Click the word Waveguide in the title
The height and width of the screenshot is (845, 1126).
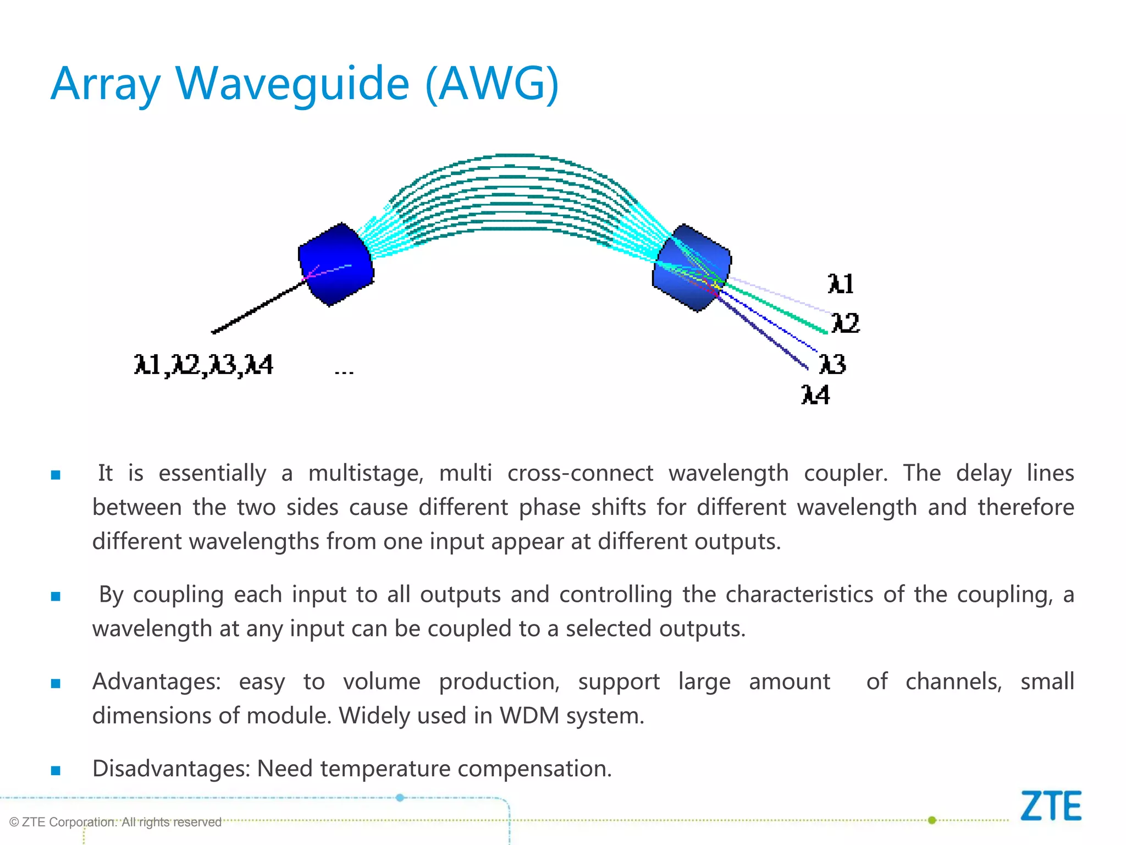coord(292,84)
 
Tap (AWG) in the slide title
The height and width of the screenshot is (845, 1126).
coord(492,84)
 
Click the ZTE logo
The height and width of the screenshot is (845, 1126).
coord(1051,806)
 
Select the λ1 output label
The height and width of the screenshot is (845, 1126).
coord(841,284)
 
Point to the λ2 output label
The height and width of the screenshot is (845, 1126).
coord(845,323)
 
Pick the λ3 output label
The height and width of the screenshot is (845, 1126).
coord(832,364)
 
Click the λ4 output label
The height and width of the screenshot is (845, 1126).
coord(815,395)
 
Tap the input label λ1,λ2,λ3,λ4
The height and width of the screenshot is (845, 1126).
coord(203,365)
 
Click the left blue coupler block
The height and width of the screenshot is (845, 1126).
coord(336,264)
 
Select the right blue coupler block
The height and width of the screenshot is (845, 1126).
coord(692,268)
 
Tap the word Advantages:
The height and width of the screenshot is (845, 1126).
coord(156,682)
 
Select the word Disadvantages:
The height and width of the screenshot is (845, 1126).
coord(171,769)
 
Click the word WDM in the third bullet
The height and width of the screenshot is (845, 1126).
coord(529,716)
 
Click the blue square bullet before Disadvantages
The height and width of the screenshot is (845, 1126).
coord(56,770)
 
